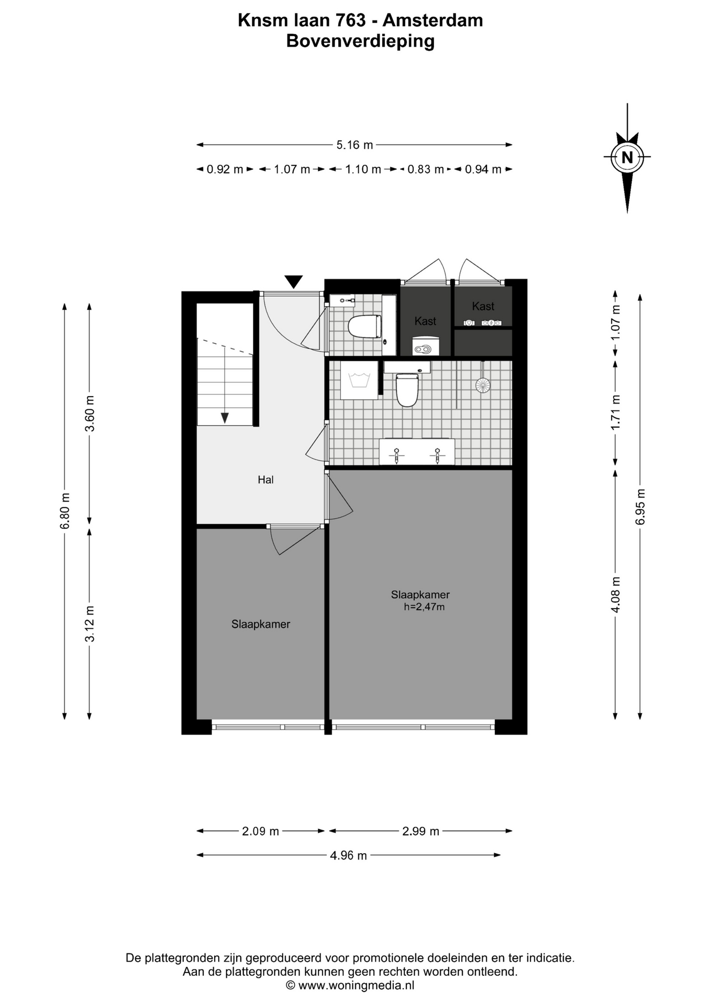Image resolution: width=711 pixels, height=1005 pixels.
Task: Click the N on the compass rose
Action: coord(627,157)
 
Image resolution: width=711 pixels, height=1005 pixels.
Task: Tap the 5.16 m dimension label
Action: coord(354,145)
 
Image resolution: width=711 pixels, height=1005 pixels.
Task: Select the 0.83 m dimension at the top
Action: coord(425,170)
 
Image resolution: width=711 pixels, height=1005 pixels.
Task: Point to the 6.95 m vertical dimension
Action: coord(640,506)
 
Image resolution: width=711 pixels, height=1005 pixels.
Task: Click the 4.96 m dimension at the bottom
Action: coord(348,855)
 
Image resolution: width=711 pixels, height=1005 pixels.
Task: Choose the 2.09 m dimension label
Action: coord(260,831)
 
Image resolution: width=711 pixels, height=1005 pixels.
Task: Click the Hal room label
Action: coord(265,479)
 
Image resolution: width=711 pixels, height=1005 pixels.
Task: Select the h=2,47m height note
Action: coord(424,607)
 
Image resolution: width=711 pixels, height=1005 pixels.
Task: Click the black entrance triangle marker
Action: coord(294,282)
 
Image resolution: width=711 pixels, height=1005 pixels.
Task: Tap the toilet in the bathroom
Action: coord(407,389)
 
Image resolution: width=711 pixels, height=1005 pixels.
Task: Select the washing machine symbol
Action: coord(359,380)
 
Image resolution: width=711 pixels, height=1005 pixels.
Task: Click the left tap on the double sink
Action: coord(397,455)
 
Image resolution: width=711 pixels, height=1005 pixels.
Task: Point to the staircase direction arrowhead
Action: coord(225,418)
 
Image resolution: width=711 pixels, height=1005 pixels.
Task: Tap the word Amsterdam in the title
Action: coord(433,20)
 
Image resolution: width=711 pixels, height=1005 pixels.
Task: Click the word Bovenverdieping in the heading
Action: coord(360,41)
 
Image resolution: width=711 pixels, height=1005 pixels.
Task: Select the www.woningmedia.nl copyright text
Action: coord(350,985)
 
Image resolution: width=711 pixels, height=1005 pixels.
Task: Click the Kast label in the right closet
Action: coord(483,306)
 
